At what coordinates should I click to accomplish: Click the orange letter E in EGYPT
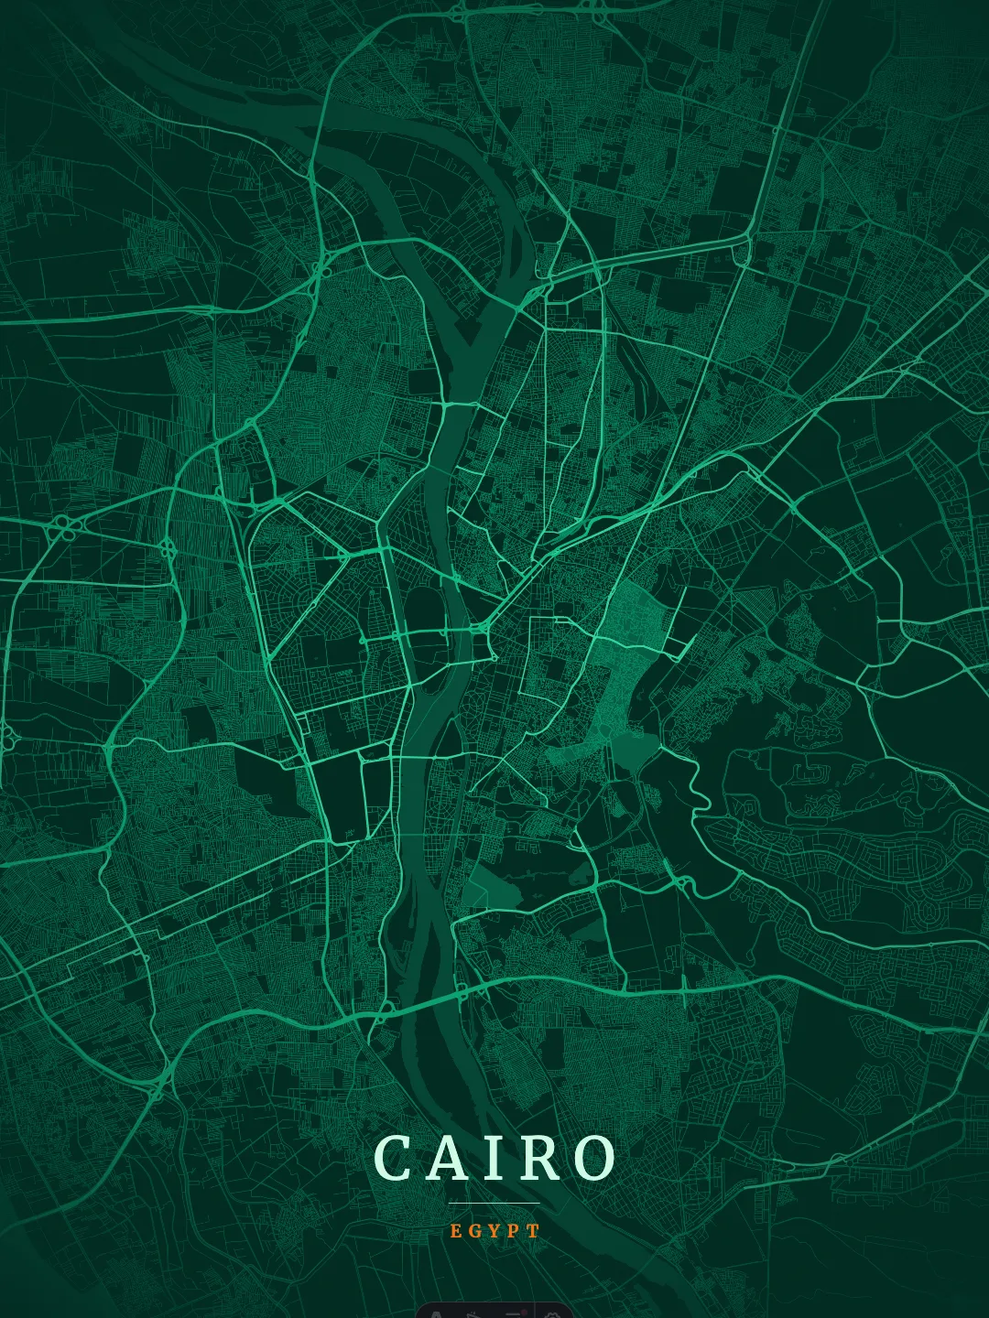coord(456,1231)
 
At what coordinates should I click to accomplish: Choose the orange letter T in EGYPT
coord(535,1231)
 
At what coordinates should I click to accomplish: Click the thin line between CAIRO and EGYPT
coord(494,1203)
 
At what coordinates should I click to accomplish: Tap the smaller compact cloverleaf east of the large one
coord(168,548)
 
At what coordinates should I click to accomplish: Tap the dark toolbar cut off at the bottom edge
coord(494,1310)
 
